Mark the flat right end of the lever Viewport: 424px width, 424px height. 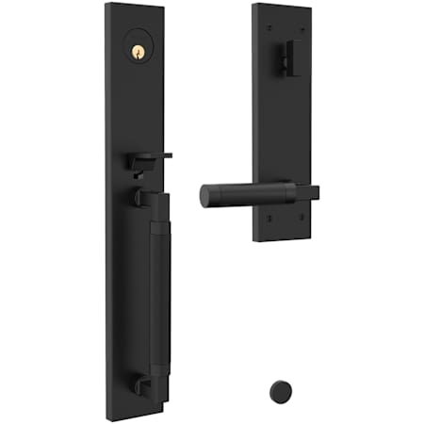click(x=315, y=191)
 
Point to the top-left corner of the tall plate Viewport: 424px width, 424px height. click(x=107, y=4)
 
